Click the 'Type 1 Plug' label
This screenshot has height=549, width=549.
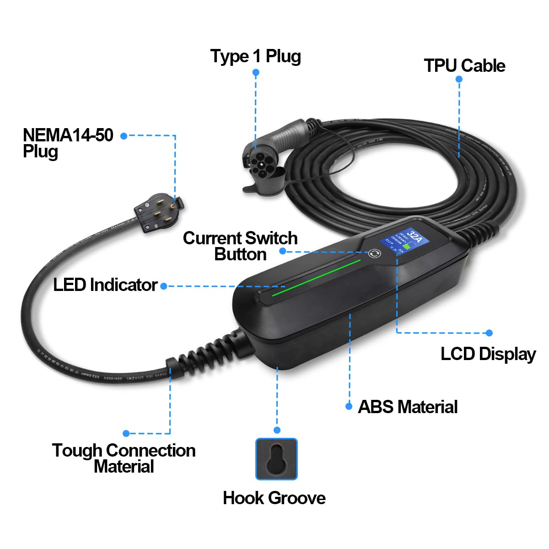(255, 56)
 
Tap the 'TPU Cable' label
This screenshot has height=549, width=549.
(464, 66)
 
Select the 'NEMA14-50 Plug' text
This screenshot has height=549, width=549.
(68, 143)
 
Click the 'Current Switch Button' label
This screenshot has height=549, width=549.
(240, 246)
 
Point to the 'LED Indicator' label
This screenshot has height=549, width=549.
(105, 285)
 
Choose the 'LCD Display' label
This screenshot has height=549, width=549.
(488, 354)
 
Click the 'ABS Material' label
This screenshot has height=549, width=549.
(407, 407)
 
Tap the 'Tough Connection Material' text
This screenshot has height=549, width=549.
(124, 458)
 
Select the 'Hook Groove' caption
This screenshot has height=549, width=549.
(274, 498)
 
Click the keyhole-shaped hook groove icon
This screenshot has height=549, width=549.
(276, 459)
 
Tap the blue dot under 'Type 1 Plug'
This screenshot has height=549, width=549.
(256, 72)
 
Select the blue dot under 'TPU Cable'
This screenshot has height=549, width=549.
(459, 79)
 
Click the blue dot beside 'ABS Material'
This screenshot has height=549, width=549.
(349, 406)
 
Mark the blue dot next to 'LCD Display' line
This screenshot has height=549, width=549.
(489, 333)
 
